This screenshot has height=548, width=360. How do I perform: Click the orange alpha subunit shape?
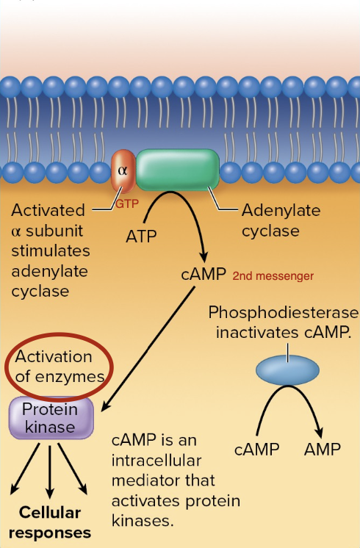pyautogui.click(x=123, y=172)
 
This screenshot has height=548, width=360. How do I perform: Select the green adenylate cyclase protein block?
pyautogui.click(x=177, y=171)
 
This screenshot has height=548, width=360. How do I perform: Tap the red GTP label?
pyautogui.click(x=126, y=203)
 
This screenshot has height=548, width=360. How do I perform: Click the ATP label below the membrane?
pyautogui.click(x=142, y=237)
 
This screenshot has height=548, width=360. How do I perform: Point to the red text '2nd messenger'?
pyautogui.click(x=273, y=277)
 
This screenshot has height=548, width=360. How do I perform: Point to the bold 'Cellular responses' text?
pyautogui.click(x=50, y=522)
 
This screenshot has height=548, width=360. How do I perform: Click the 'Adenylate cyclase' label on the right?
pyautogui.click(x=281, y=220)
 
